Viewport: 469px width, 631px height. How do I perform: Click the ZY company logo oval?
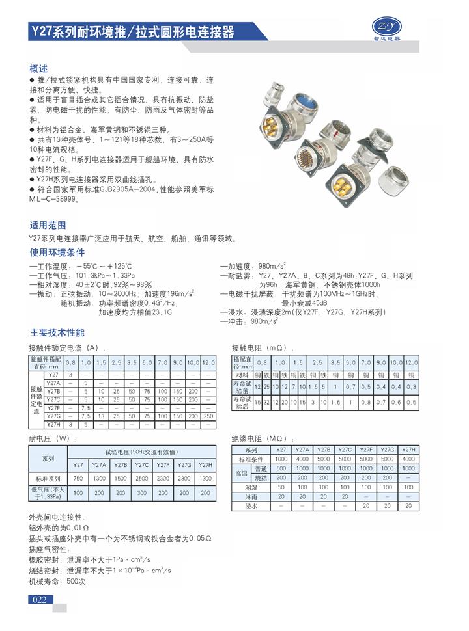(386, 26)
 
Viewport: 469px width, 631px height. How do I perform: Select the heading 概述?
(38, 68)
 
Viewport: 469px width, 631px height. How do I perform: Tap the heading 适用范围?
(48, 225)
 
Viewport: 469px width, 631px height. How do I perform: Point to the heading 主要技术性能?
(57, 332)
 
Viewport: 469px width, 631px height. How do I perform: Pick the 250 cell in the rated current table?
(208, 415)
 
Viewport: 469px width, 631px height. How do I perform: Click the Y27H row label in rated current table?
(53, 423)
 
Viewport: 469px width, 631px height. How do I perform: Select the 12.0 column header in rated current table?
(208, 361)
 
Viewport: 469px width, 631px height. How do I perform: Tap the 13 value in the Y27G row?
(101, 415)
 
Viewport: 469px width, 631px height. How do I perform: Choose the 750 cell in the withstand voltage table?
(78, 478)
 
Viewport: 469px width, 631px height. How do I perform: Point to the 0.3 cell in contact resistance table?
(410, 387)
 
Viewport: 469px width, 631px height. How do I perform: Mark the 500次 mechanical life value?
(76, 581)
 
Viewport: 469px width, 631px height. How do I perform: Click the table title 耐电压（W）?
(50, 438)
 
